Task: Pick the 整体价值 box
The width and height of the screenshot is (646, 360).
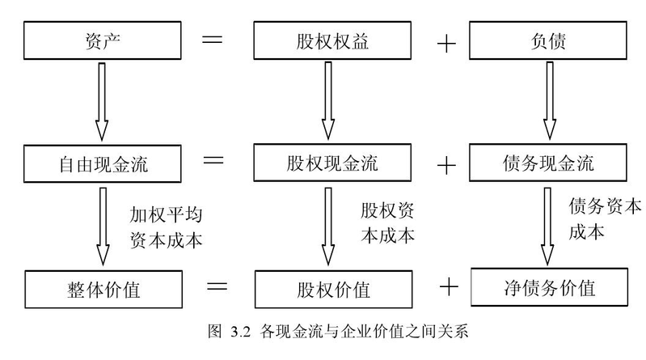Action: (102, 288)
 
